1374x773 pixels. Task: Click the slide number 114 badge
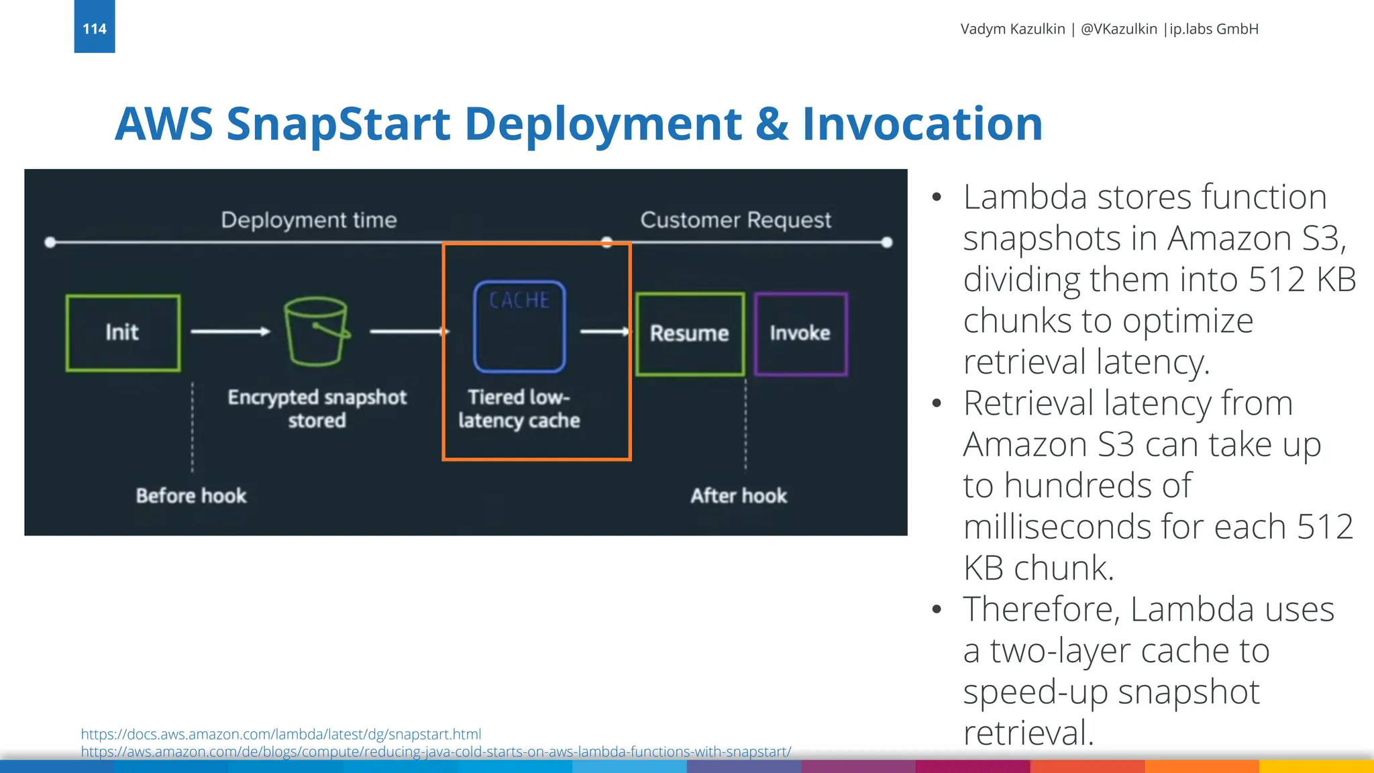coord(95,28)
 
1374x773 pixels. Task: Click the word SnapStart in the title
coord(338,125)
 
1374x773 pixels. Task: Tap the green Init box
coord(123,332)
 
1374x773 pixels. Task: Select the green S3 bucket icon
coord(316,331)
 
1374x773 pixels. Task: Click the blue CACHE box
coord(519,326)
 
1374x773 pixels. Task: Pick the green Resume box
coord(690,333)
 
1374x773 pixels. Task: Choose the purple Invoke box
coord(800,333)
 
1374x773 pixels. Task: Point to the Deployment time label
coord(309,220)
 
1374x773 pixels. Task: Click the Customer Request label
coord(735,220)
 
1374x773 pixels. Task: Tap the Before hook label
coord(191,496)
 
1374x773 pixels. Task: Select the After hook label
coord(739,496)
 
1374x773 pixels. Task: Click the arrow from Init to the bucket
coord(230,331)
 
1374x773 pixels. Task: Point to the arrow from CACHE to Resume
coord(604,331)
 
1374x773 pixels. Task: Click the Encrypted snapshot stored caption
coord(317,408)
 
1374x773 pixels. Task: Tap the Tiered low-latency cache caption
coord(519,408)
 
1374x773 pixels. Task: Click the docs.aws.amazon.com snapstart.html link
coord(281,734)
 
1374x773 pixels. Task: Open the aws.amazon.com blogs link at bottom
coord(436,752)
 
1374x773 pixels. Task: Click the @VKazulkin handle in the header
coord(1118,29)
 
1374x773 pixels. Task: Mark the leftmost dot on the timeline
coord(50,242)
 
